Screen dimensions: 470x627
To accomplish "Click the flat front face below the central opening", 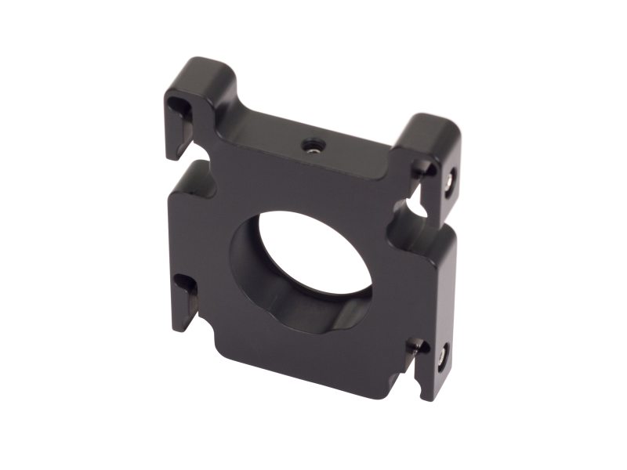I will tap(313, 352).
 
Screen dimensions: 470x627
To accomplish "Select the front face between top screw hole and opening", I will tap(313, 184).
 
